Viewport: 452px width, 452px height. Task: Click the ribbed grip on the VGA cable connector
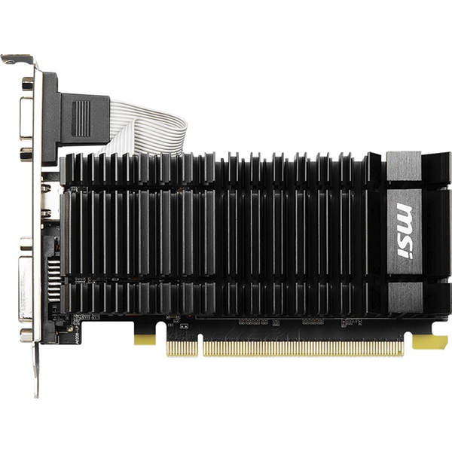(81, 119)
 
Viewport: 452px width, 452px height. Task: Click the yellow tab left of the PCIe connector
(145, 340)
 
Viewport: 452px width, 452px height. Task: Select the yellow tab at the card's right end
(429, 342)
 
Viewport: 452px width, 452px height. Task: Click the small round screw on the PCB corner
(70, 328)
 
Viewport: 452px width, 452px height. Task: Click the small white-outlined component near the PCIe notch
(182, 326)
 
